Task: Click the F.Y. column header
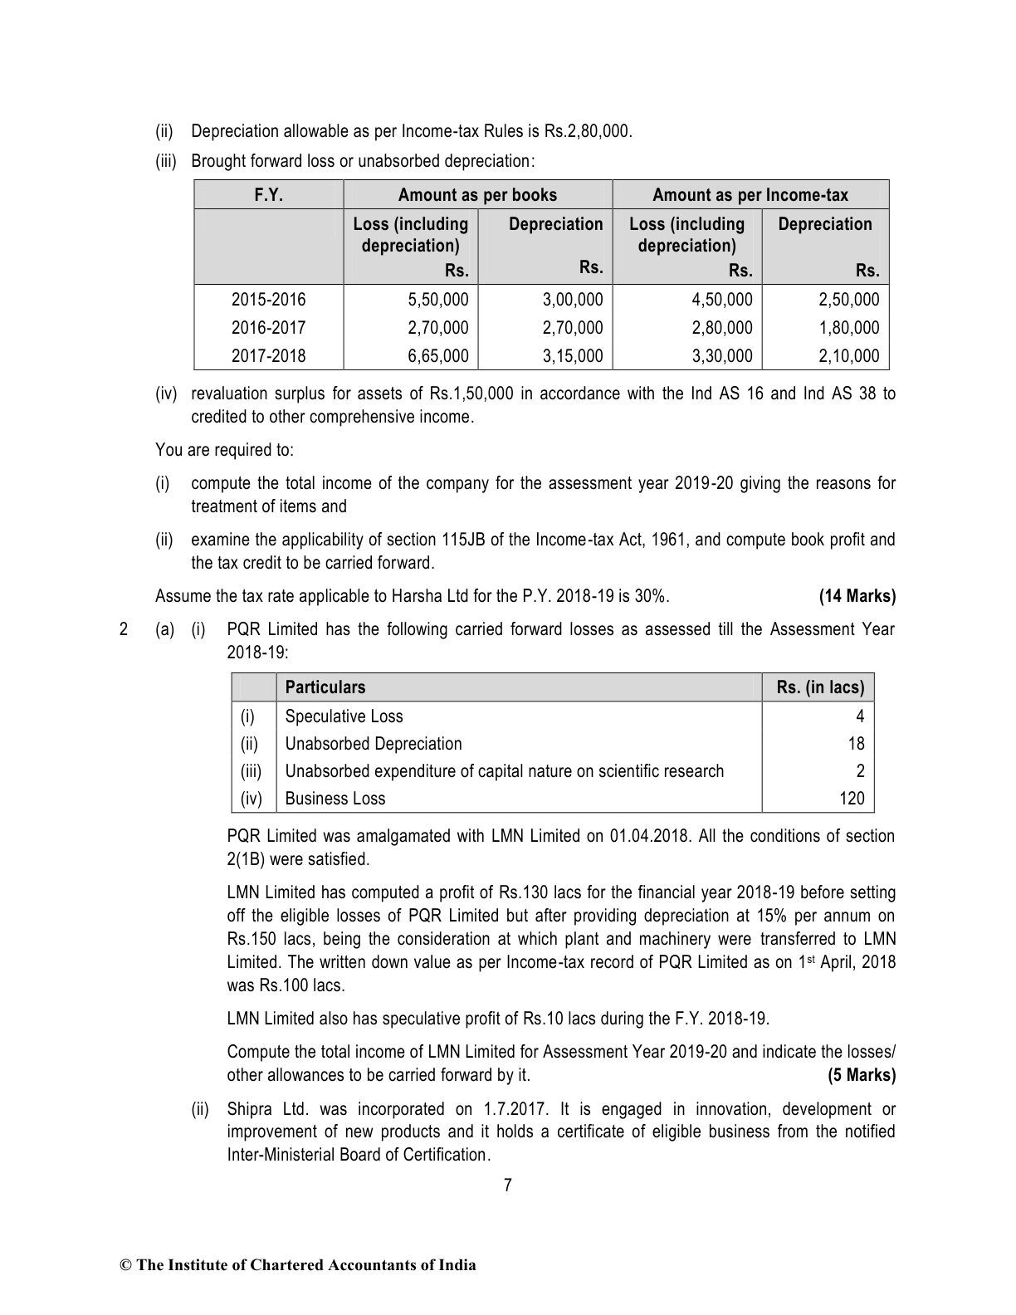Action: click(x=268, y=195)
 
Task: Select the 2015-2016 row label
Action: click(x=268, y=300)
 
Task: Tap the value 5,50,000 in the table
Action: click(x=438, y=300)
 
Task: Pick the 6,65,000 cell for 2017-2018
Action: click(x=438, y=356)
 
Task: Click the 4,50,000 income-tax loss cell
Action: click(x=722, y=300)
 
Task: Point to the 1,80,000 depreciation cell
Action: click(x=848, y=328)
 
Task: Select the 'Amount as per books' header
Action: click(x=477, y=195)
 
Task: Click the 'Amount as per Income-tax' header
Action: click(x=750, y=195)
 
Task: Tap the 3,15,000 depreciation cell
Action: click(x=573, y=356)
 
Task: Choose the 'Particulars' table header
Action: click(x=325, y=687)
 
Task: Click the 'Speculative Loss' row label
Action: click(x=344, y=716)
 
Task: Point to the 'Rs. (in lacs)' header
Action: click(x=820, y=687)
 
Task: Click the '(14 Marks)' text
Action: click(x=857, y=596)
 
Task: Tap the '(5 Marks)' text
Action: click(x=862, y=1075)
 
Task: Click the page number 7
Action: click(x=508, y=1185)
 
